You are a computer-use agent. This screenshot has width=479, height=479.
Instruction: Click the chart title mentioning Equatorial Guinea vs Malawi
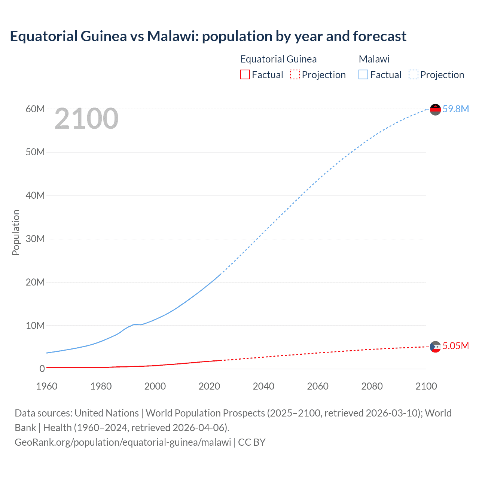208,36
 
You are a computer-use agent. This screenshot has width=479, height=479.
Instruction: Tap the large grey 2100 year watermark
86,119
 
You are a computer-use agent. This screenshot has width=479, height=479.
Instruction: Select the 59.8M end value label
455,109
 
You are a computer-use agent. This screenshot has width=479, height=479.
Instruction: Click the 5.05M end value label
455,346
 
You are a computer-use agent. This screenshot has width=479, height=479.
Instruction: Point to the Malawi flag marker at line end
435,109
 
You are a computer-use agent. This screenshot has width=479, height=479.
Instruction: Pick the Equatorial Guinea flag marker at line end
435,347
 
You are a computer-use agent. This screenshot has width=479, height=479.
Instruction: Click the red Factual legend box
245,75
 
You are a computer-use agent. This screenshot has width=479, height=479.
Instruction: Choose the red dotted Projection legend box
295,75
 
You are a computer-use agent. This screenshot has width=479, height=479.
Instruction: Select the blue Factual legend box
363,75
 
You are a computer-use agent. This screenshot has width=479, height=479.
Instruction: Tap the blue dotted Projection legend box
414,75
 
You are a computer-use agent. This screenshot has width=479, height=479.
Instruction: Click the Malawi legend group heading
374,59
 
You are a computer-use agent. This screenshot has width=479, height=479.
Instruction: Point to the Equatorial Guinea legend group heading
278,59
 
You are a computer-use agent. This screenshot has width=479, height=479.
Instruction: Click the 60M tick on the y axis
35,109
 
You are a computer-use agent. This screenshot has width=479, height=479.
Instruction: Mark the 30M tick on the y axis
35,239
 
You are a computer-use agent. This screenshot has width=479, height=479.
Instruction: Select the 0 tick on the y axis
42,369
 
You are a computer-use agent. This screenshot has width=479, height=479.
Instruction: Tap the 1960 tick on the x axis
47,386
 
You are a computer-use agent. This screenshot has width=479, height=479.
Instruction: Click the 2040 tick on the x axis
263,386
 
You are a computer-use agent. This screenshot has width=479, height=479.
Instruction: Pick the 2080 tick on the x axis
372,386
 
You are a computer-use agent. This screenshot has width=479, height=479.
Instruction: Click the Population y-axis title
16,232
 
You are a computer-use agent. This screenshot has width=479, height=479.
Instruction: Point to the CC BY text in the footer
252,442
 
